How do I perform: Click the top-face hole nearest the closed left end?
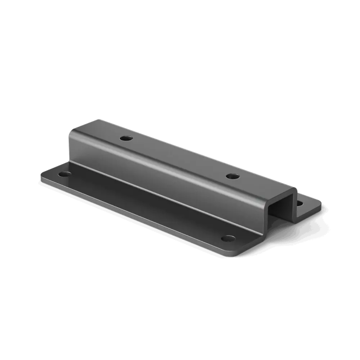124,138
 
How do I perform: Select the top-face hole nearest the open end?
232,176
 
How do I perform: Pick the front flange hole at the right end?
227,238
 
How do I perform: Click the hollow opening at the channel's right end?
286,206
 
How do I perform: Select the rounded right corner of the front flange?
242,252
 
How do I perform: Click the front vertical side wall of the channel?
170,185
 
